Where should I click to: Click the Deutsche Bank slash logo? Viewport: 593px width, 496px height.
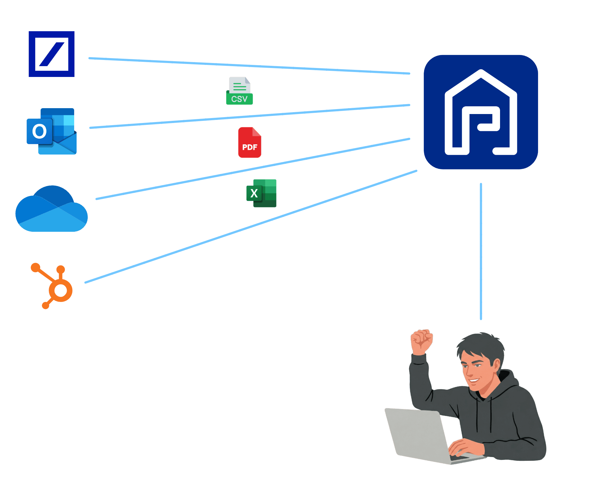tap(52, 54)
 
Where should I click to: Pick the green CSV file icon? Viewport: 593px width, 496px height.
tap(239, 91)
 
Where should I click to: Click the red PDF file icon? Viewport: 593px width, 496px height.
tap(250, 143)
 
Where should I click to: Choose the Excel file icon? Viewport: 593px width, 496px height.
tap(262, 193)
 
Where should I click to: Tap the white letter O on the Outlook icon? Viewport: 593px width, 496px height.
tap(40, 131)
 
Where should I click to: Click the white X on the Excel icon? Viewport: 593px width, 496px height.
tap(254, 193)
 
